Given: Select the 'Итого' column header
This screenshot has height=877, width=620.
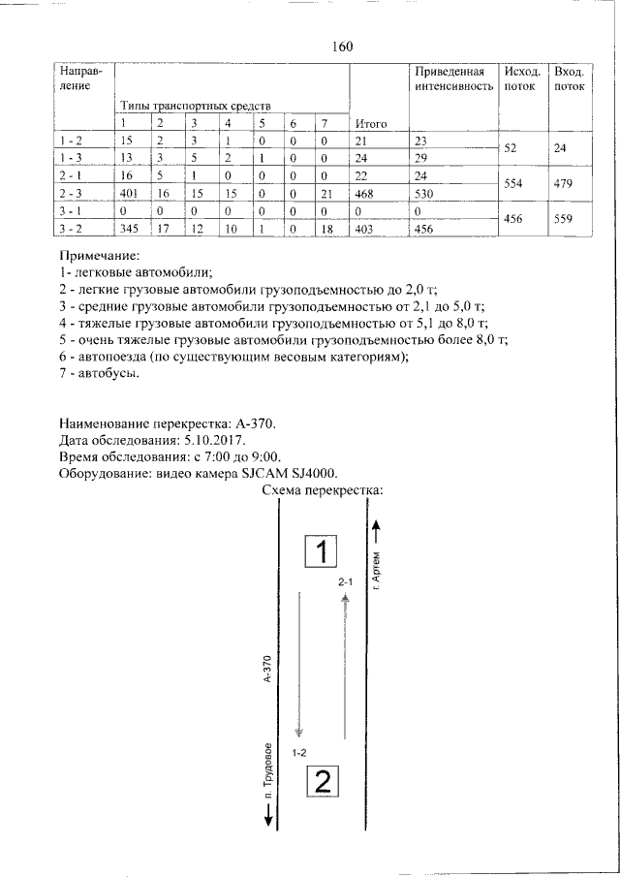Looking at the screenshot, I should tap(371, 123).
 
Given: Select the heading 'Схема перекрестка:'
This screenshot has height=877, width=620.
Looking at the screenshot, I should tap(324, 490).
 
